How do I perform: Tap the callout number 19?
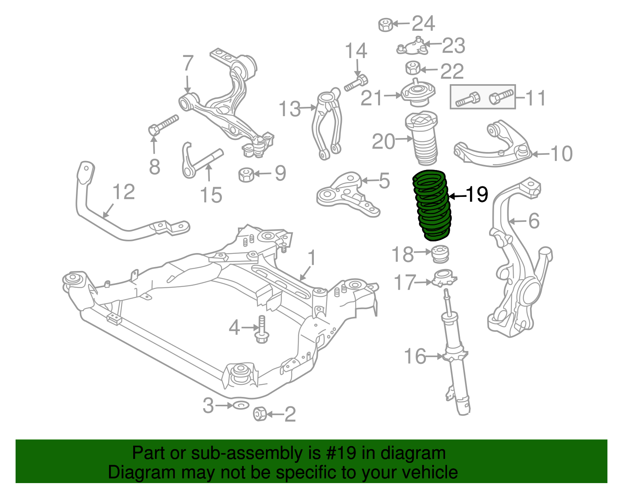(476, 194)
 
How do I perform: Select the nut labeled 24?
(385, 25)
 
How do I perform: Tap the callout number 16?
(415, 356)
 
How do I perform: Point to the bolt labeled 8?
(164, 123)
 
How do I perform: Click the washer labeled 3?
(241, 406)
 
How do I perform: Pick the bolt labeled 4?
(262, 329)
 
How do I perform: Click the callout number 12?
(124, 192)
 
